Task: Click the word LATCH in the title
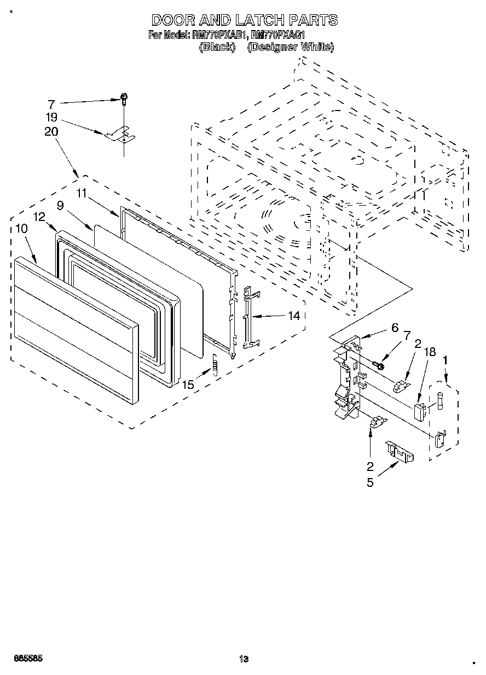pos(259,21)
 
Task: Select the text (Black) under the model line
pos(218,47)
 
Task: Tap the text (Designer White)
pos(290,47)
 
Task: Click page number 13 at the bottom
pos(244,660)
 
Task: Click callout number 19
pos(51,117)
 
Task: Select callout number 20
pos(51,132)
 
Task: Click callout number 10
pos(21,229)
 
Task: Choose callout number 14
pos(294,316)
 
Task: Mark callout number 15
pos(188,385)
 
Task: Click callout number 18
pos(430,352)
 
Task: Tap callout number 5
pos(371,484)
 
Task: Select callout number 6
pos(394,328)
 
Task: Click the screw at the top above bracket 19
pos(124,99)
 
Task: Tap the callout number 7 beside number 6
pos(407,335)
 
